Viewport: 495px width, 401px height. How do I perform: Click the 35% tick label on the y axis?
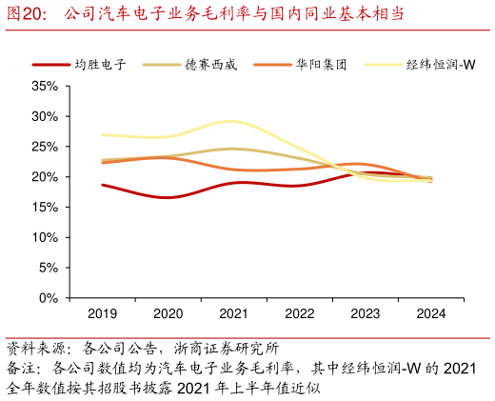[x=45, y=86]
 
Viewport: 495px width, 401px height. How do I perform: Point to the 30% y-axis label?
[x=45, y=116]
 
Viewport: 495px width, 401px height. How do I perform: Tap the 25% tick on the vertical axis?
[x=45, y=147]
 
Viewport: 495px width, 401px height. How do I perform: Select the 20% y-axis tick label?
[x=45, y=177]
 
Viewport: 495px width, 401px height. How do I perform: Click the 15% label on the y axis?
[x=45, y=208]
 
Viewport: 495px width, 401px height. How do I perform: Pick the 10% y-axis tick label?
[x=45, y=238]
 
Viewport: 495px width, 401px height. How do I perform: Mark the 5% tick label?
[x=48, y=269]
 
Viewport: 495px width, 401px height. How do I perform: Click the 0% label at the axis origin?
[x=48, y=299]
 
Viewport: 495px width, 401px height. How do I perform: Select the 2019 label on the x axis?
[x=102, y=313]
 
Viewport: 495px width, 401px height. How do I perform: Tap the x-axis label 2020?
[x=168, y=313]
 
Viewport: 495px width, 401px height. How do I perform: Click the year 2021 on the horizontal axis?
[x=233, y=313]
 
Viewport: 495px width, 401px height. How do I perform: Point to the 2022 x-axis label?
[x=300, y=313]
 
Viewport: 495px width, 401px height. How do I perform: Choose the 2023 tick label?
[x=366, y=313]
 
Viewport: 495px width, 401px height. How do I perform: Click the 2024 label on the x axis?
[x=431, y=313]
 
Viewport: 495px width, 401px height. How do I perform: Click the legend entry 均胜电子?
[x=100, y=65]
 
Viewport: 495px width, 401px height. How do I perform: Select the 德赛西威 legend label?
[x=210, y=65]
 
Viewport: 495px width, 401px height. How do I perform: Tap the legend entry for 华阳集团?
[x=321, y=65]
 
